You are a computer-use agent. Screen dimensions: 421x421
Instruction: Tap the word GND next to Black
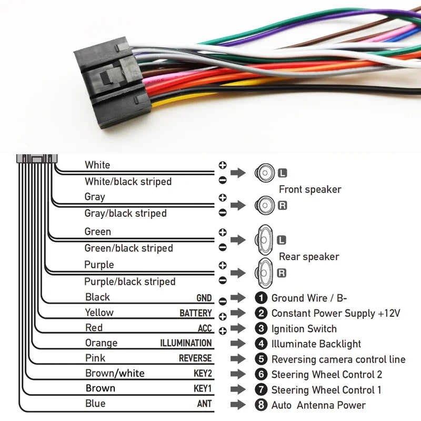[x=204, y=298]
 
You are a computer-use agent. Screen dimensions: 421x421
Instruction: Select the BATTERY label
[x=195, y=313]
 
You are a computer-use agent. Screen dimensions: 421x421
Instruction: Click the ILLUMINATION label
[x=186, y=343]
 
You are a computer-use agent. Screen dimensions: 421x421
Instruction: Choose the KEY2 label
[x=202, y=374]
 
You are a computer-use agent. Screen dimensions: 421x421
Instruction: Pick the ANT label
[x=204, y=405]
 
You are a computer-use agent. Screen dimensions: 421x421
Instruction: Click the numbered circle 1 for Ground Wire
[x=261, y=298]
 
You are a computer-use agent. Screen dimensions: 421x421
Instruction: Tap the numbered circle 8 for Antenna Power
[x=261, y=405]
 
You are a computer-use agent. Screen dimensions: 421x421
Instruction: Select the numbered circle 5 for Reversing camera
[x=261, y=359]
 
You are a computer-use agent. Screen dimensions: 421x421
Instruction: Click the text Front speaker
[x=310, y=189]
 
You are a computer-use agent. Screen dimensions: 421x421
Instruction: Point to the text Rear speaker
[x=309, y=257]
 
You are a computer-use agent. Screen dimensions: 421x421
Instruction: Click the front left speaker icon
[x=265, y=172]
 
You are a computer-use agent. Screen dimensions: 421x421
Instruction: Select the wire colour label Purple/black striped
[x=130, y=282]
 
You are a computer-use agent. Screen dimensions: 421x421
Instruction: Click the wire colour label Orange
[x=101, y=343]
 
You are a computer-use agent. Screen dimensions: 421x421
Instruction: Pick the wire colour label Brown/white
[x=115, y=374]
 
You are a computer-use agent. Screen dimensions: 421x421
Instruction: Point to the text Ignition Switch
[x=304, y=329]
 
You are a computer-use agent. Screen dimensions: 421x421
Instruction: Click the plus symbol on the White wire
[x=223, y=165]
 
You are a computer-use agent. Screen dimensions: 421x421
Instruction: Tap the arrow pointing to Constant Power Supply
[x=238, y=313]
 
